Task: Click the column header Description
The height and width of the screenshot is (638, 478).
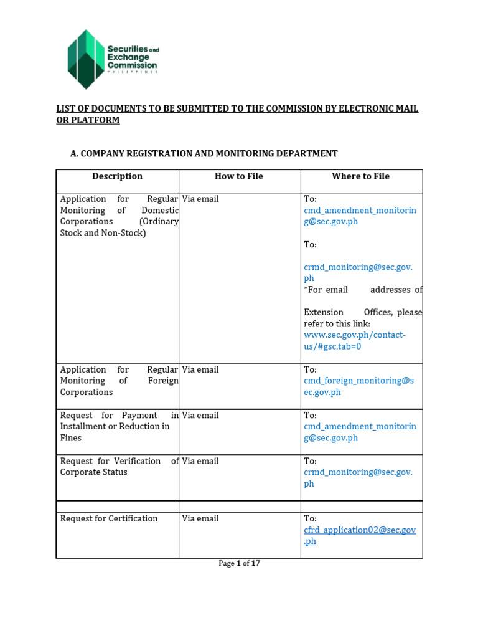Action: click(x=117, y=176)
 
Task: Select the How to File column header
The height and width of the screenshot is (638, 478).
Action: click(x=239, y=176)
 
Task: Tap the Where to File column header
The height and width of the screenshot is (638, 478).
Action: click(x=360, y=176)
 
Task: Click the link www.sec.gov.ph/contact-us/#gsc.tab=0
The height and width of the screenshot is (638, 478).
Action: click(x=354, y=340)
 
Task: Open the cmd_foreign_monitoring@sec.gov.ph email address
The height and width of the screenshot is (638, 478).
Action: click(x=358, y=386)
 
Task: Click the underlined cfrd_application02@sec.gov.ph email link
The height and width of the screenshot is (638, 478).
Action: click(x=359, y=535)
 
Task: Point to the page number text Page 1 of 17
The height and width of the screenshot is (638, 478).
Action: click(x=239, y=563)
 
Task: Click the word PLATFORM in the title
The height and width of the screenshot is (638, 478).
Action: click(x=96, y=120)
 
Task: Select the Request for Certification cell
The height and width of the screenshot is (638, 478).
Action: click(x=109, y=518)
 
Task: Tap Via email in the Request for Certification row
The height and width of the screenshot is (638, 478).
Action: click(x=200, y=518)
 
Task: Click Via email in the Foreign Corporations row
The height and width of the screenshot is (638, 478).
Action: click(x=200, y=369)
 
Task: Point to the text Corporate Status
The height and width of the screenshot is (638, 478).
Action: click(x=93, y=472)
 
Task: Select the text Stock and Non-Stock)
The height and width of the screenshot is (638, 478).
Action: click(x=103, y=233)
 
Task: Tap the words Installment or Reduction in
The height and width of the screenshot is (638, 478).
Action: click(x=115, y=427)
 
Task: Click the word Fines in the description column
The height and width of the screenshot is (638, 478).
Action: click(x=71, y=438)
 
